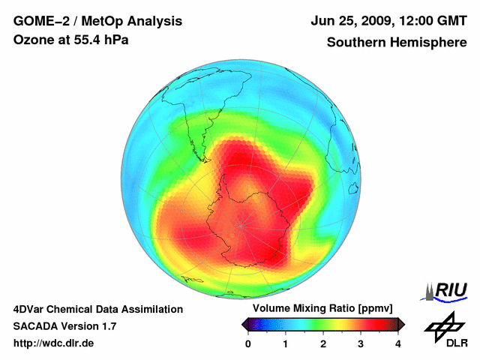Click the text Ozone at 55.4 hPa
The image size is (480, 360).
coord(71,40)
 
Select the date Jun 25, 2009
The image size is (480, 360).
coord(351,21)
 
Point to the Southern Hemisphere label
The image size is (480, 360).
coord(397,42)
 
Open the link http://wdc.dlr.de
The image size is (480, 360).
coord(54,343)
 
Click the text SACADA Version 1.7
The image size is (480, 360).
coord(65,326)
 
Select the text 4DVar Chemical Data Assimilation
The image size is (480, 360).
coord(97,309)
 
